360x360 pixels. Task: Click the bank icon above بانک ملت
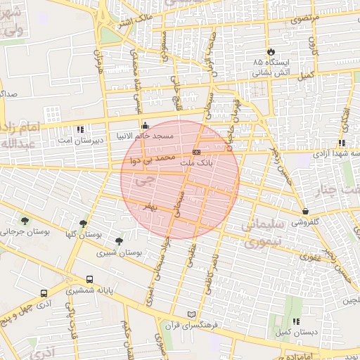click(x=196, y=153)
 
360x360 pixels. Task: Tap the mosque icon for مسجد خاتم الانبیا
click(x=145, y=126)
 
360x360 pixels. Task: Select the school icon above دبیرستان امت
click(x=79, y=129)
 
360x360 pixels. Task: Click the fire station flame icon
click(x=270, y=52)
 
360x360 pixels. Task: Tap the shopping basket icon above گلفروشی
click(x=305, y=211)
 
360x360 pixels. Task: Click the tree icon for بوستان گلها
click(x=83, y=224)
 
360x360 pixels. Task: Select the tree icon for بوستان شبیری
click(x=119, y=241)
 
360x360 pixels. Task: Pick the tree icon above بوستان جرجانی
click(x=25, y=221)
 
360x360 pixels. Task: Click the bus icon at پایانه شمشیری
click(x=89, y=279)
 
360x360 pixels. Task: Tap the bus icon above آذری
click(x=44, y=293)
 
